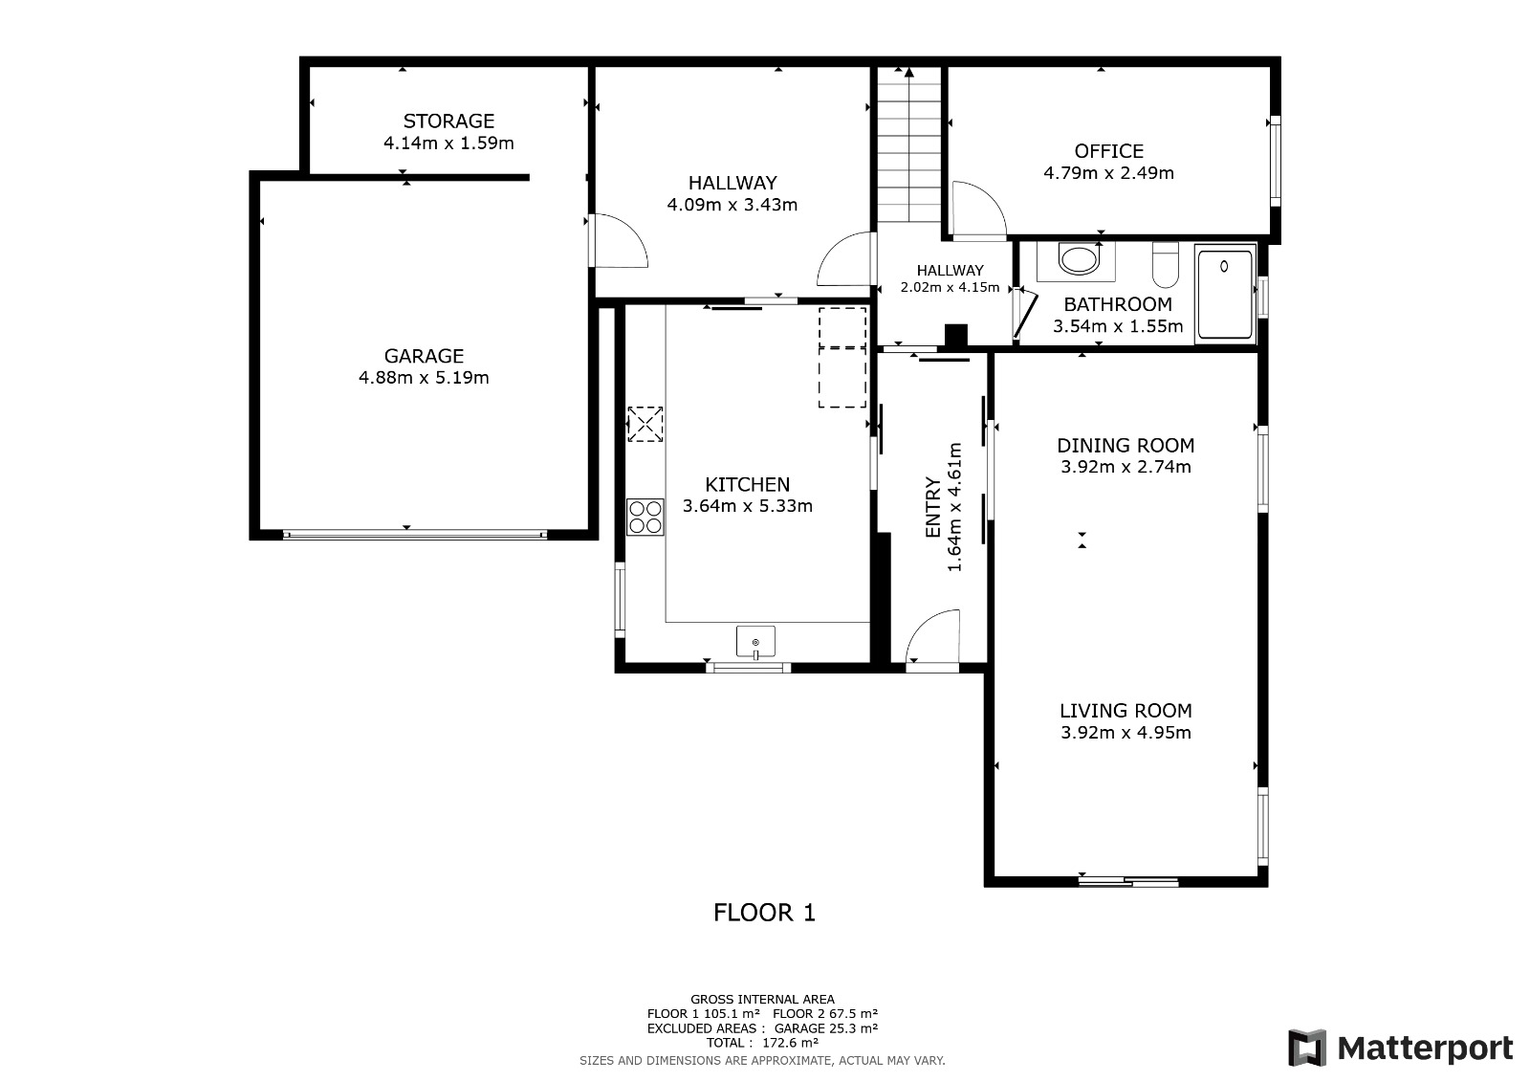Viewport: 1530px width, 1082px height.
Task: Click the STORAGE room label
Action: click(x=448, y=121)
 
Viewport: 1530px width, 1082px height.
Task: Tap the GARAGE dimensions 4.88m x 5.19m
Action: click(x=424, y=377)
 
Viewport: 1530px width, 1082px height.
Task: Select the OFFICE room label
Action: click(x=1108, y=151)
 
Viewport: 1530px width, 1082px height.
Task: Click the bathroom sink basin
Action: click(x=1080, y=260)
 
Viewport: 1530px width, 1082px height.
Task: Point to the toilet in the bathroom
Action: click(x=1166, y=264)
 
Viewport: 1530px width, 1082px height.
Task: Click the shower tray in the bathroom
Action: click(x=1225, y=294)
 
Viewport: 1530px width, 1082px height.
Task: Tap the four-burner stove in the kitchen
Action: click(x=645, y=517)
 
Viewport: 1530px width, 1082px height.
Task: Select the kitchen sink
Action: click(x=755, y=641)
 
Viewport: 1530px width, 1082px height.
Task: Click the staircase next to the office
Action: click(x=909, y=144)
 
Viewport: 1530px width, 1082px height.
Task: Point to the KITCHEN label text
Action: click(x=747, y=485)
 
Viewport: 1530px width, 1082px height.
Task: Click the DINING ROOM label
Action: click(x=1126, y=446)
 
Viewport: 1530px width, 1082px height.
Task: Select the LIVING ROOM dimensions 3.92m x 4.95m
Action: click(x=1126, y=733)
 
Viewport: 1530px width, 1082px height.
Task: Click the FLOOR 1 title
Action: click(x=764, y=913)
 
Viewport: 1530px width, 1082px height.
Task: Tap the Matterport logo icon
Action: click(x=1306, y=1048)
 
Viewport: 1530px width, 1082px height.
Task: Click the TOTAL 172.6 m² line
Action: click(x=762, y=1043)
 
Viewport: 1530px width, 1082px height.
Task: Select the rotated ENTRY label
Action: click(x=933, y=507)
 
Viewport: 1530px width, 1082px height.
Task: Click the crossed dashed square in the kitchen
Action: click(x=645, y=425)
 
